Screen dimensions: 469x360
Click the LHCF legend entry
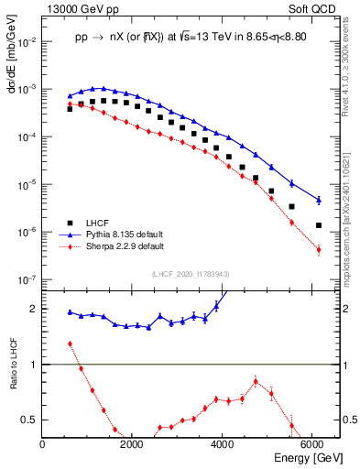tap(97, 223)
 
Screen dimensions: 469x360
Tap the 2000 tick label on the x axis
tap(132, 444)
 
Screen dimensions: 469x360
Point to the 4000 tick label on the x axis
tap(222, 444)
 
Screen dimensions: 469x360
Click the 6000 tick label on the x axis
tap(311, 444)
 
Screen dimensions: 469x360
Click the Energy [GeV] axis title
tap(308, 458)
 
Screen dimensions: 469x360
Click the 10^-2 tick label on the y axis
tap(26, 42)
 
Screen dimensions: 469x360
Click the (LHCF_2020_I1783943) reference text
tap(191, 273)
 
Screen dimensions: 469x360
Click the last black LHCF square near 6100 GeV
tap(318, 225)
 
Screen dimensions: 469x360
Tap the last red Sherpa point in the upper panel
tap(318, 249)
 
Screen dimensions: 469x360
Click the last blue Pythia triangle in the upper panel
tap(318, 200)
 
